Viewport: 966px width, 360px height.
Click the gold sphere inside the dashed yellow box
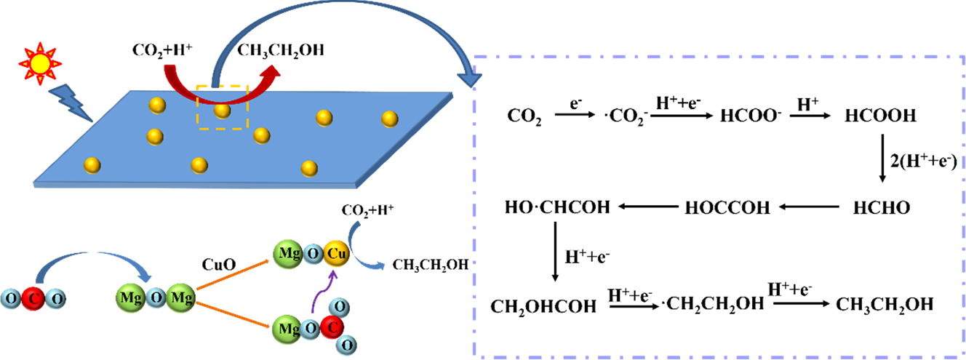[222, 111]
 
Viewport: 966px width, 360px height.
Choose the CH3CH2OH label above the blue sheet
[281, 50]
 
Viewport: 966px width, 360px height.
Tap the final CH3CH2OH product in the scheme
[883, 305]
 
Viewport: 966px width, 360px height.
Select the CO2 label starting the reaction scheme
[524, 116]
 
